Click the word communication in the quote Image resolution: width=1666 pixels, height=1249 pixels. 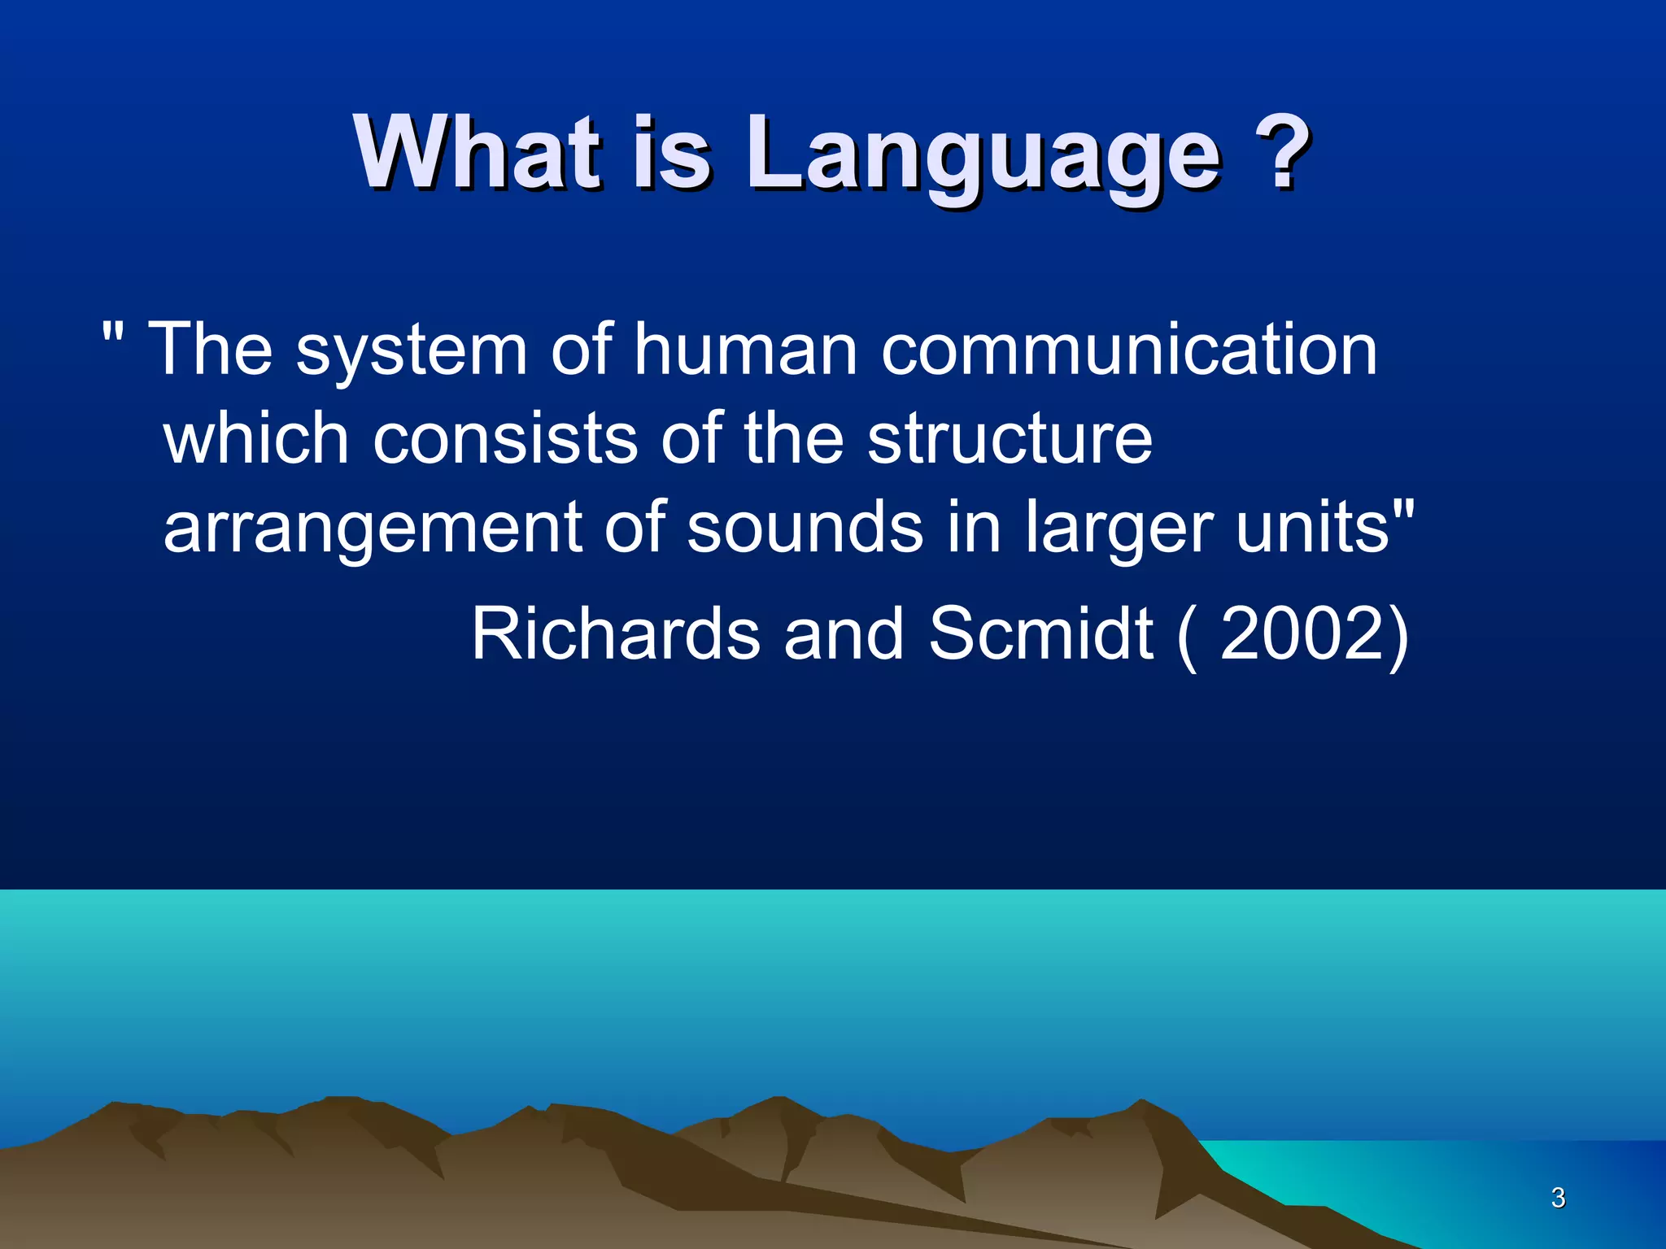(1129, 350)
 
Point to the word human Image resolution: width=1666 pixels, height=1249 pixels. (745, 350)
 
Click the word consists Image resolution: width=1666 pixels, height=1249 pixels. (504, 439)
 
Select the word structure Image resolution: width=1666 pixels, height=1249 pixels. (1009, 439)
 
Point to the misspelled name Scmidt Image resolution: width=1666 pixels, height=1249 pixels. (1040, 634)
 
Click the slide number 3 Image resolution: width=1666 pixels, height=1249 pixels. (1558, 1198)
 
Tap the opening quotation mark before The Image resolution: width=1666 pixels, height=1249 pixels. (114, 332)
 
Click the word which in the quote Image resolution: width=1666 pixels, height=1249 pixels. (256, 439)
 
